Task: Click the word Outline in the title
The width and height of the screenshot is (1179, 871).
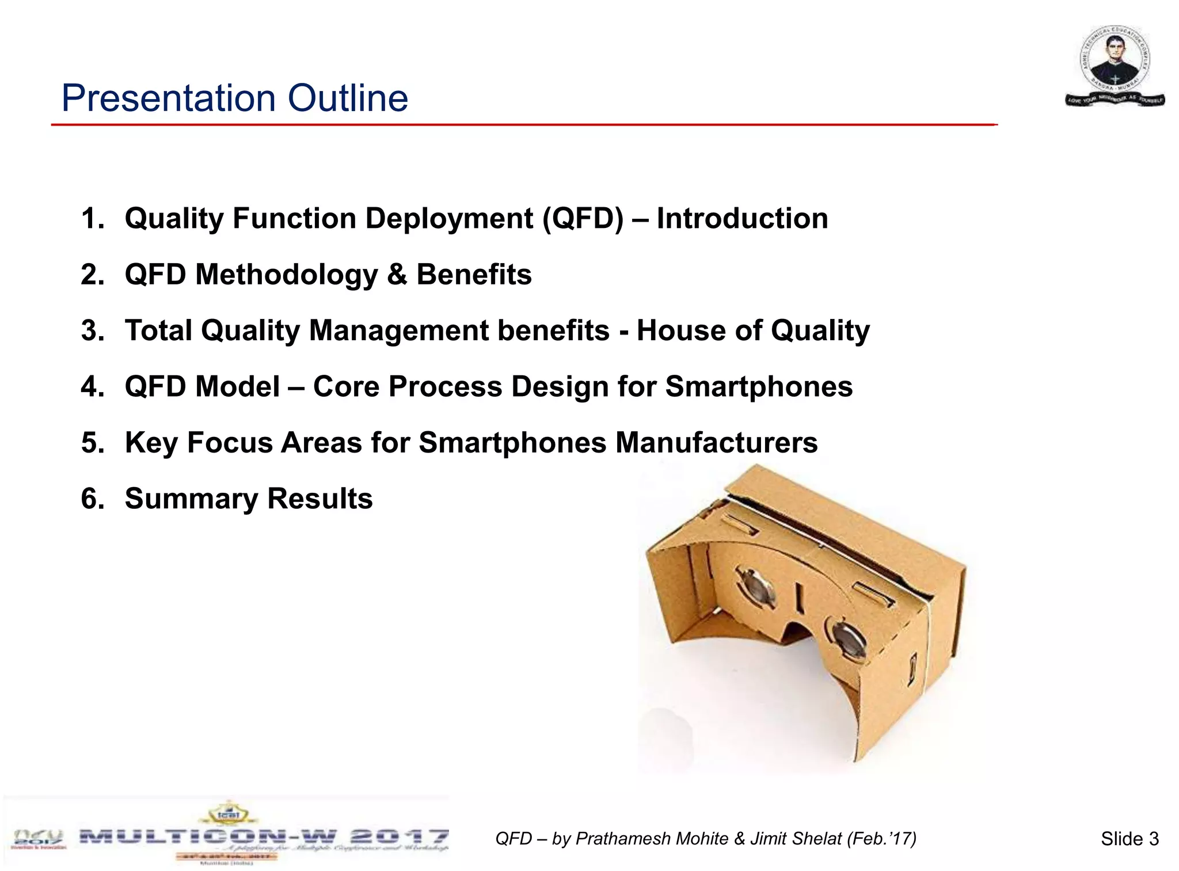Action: click(348, 98)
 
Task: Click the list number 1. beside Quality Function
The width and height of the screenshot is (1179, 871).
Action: click(93, 219)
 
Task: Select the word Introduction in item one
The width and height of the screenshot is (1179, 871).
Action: click(742, 219)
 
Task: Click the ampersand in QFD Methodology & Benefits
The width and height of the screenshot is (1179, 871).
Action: click(397, 275)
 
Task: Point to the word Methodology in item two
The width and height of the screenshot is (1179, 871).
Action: click(286, 275)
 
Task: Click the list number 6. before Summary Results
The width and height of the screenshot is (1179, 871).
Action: click(93, 499)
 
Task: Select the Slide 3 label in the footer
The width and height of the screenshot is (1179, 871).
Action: click(1129, 839)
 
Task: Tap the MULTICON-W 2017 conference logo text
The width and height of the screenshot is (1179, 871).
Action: click(264, 836)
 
